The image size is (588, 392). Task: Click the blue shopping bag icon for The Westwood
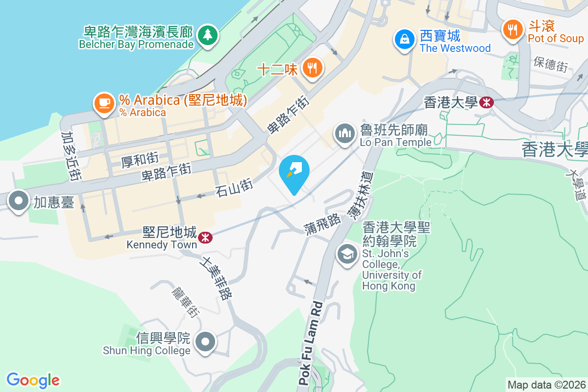pyautogui.click(x=405, y=39)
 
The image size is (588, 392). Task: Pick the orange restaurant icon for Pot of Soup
pyautogui.click(x=513, y=30)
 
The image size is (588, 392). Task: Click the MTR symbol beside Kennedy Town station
pyautogui.click(x=205, y=237)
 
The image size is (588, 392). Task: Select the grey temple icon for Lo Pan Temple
pyautogui.click(x=345, y=133)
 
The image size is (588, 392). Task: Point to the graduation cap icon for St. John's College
pyautogui.click(x=347, y=254)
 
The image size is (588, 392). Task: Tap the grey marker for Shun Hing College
pyautogui.click(x=206, y=342)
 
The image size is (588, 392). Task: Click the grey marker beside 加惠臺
pyautogui.click(x=19, y=201)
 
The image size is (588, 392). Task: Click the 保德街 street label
pyautogui.click(x=550, y=63)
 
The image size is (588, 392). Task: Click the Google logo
pyautogui.click(x=33, y=380)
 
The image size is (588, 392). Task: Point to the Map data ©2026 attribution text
pyautogui.click(x=546, y=385)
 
